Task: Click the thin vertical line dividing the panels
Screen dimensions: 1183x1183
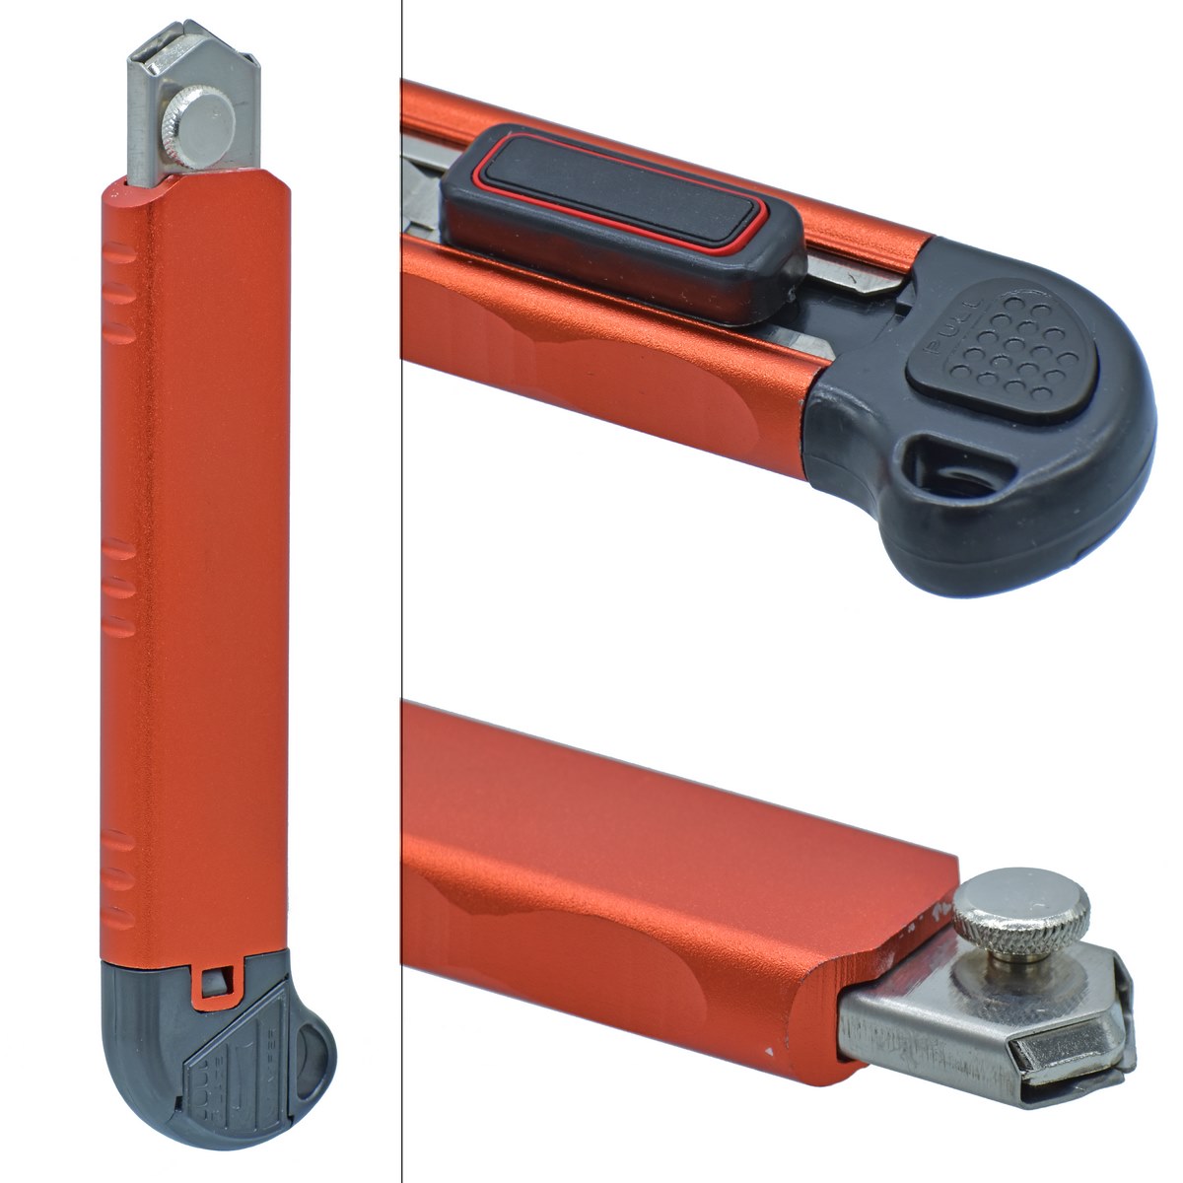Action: pos(402,591)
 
